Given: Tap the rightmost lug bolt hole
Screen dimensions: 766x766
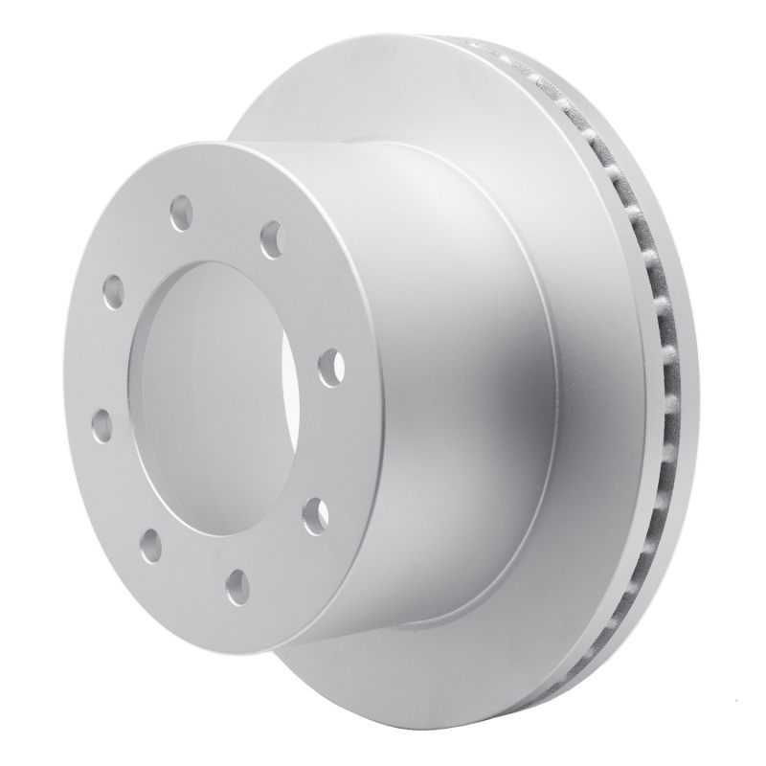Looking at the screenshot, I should click(x=330, y=368).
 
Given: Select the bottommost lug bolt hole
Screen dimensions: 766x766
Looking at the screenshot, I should click(x=238, y=585).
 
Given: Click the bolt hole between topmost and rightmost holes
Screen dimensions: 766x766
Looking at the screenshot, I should click(x=272, y=238).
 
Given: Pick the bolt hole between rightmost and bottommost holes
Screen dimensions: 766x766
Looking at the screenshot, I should click(x=315, y=517).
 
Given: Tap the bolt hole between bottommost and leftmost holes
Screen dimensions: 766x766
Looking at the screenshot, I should click(x=150, y=545).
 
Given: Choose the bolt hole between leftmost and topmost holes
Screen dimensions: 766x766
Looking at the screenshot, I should click(x=113, y=290).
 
